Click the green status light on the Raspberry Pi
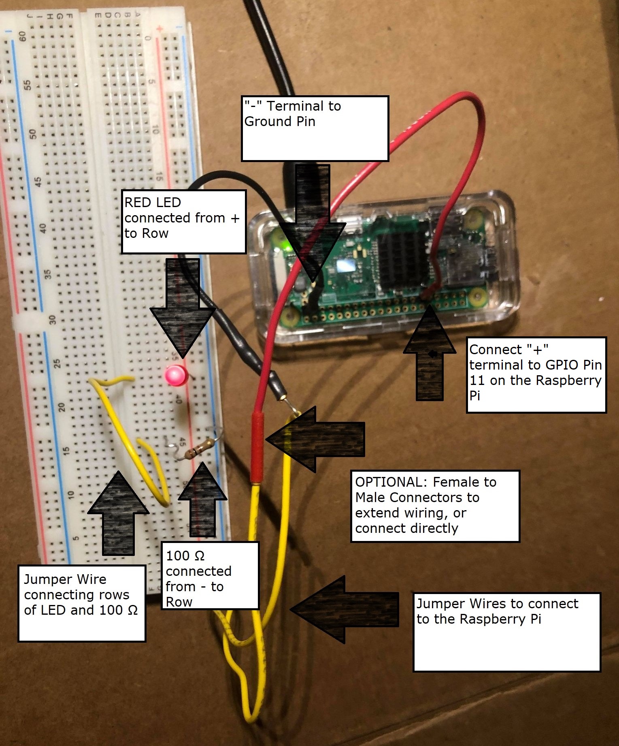pos(287,246)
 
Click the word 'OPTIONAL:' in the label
pos(389,482)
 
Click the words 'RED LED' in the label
pos(153,202)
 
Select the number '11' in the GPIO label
pos(477,380)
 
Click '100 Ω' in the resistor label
pos(185,556)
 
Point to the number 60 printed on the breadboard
pos(22,36)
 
